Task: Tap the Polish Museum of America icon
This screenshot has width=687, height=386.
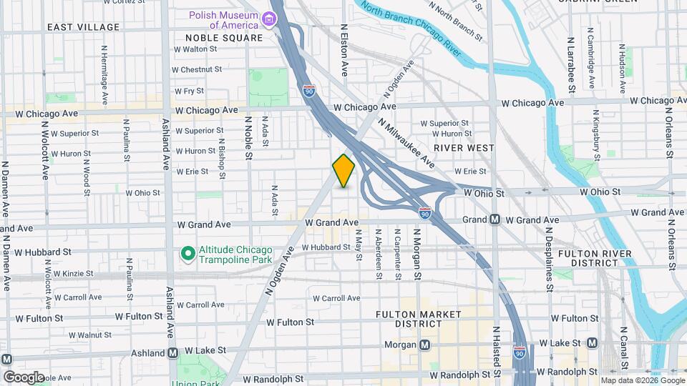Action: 271,18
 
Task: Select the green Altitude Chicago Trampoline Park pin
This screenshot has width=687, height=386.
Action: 187,253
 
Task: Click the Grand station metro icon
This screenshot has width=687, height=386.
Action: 494,220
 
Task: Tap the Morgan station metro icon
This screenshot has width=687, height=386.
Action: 425,345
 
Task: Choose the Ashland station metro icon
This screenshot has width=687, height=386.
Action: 172,353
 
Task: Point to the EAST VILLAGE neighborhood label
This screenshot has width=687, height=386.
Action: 83,27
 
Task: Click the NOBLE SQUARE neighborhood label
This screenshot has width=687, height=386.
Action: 224,37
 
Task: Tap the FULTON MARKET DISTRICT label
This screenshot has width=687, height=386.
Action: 404,319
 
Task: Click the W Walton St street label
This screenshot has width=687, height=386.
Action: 195,49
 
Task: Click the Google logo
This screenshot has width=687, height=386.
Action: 23,377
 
